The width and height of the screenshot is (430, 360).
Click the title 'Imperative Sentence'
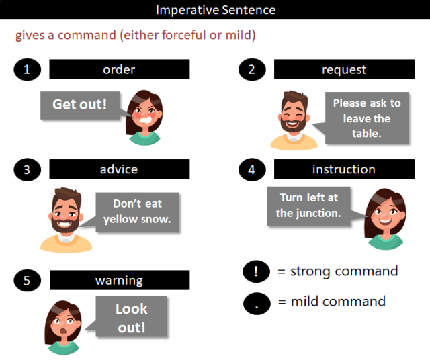215,10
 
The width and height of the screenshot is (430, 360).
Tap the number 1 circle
27,69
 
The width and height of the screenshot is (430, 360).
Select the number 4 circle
252,169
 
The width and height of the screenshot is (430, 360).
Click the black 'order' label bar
119,69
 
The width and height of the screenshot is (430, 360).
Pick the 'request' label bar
343,69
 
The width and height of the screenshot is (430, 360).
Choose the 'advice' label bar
119,169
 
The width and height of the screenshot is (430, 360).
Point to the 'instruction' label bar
343,169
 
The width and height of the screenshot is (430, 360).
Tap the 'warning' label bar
119,280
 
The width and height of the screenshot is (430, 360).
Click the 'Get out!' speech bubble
79,105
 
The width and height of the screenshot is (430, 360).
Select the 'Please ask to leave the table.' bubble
366,118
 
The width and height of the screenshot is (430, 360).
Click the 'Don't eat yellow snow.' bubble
137,211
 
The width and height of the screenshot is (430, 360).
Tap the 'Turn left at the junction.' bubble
308,205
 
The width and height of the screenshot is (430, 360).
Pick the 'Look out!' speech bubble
130,318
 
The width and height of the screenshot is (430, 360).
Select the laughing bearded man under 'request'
294,120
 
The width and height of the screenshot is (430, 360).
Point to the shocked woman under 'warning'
62,326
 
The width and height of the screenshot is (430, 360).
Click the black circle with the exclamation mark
257,272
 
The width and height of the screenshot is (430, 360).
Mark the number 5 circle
27,280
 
